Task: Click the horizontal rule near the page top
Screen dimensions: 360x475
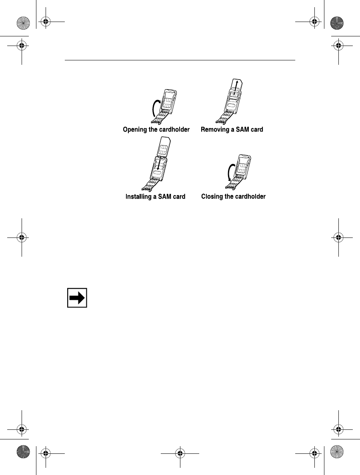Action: pyautogui.click(x=180, y=61)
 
